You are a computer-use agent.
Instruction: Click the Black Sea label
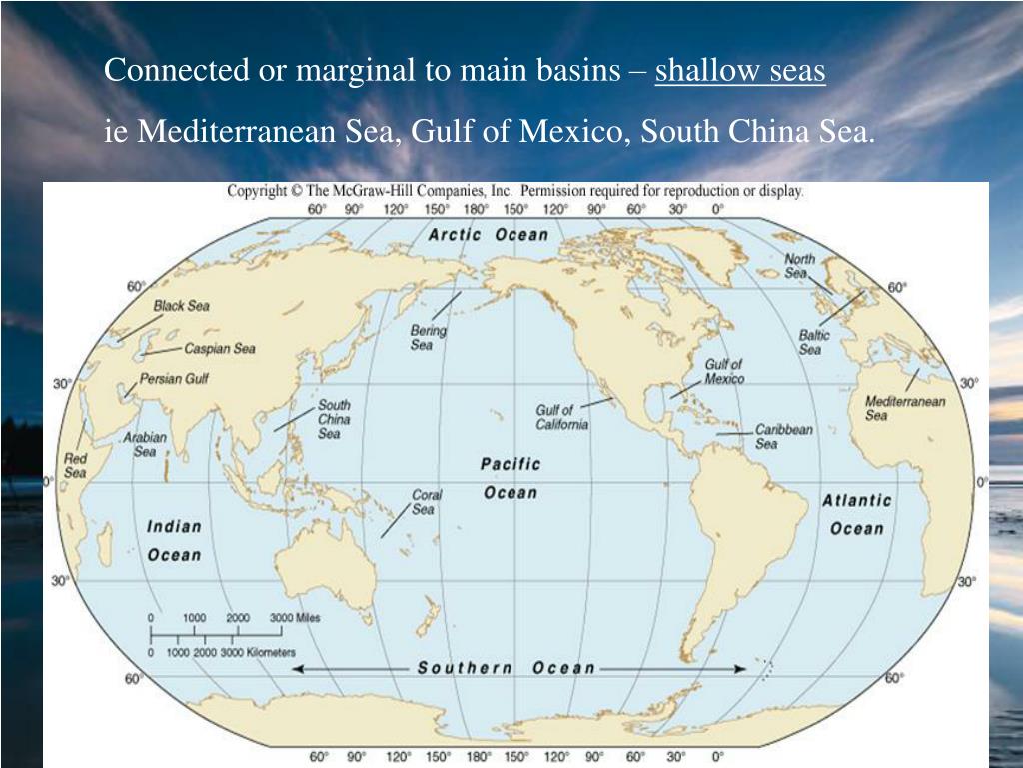tap(181, 306)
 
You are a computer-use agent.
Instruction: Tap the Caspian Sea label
tap(219, 349)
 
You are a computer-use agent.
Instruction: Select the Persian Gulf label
tap(174, 379)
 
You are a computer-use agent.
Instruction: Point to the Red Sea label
tap(75, 465)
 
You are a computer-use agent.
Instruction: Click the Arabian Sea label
tap(145, 444)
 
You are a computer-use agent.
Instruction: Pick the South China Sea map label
tap(334, 419)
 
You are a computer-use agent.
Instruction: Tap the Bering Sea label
tap(429, 337)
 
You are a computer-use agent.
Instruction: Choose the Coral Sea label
tap(426, 502)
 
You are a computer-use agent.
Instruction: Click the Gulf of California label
tap(561, 417)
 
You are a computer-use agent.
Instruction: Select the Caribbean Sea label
tap(783, 436)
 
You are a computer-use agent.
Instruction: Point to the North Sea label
tap(799, 266)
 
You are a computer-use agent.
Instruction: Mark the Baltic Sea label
tap(814, 343)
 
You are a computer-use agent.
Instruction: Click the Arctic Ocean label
tap(489, 234)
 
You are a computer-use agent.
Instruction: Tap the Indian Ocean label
tap(174, 540)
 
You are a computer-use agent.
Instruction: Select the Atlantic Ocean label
tap(856, 514)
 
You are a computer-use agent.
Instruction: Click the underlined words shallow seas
tap(740, 71)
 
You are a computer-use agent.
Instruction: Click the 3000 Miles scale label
tap(295, 618)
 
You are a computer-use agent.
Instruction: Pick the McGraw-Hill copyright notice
tap(514, 191)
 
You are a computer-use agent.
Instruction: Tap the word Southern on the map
tap(466, 668)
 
